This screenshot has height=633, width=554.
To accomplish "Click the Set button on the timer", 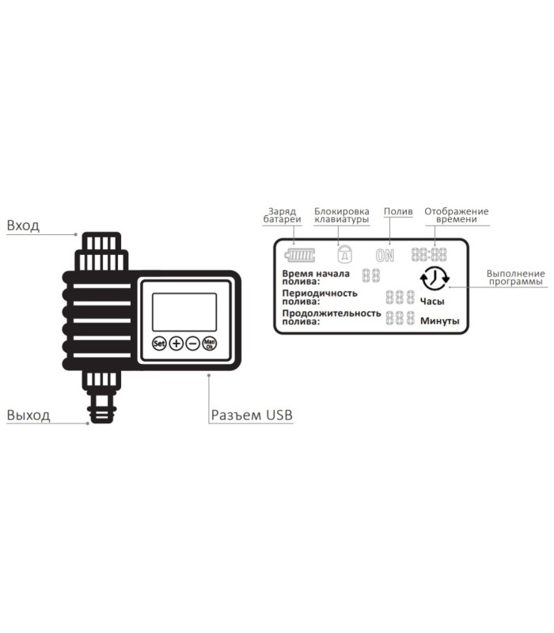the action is pyautogui.click(x=159, y=343).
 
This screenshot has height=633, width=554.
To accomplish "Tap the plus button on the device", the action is pyautogui.click(x=176, y=343).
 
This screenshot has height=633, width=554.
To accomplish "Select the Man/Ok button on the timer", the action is pyautogui.click(x=210, y=343).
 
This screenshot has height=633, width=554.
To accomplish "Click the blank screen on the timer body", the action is pyautogui.click(x=184, y=312).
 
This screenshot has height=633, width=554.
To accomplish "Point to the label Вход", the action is pyautogui.click(x=23, y=226).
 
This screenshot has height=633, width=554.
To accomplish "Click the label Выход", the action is pyautogui.click(x=28, y=415).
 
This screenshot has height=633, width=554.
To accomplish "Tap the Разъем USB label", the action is pyautogui.click(x=252, y=415).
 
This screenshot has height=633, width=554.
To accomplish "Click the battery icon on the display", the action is pyautogui.click(x=300, y=256).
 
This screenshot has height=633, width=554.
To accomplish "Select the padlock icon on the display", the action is pyautogui.click(x=344, y=254).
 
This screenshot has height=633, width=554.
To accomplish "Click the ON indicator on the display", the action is pyautogui.click(x=385, y=256).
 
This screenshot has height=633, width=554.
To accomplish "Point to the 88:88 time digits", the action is pyautogui.click(x=429, y=255).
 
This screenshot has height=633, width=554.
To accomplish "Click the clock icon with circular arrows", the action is pyautogui.click(x=434, y=279).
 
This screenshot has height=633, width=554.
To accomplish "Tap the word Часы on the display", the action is pyautogui.click(x=432, y=301).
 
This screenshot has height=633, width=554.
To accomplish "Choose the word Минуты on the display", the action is pyautogui.click(x=440, y=321).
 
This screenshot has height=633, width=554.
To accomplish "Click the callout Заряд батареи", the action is pyautogui.click(x=283, y=215).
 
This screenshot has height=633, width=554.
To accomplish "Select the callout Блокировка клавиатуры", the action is pyautogui.click(x=342, y=215).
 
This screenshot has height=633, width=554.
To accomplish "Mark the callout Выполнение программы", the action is pyautogui.click(x=516, y=278).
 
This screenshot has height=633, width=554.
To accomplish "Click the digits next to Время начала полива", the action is pyautogui.click(x=371, y=275).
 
